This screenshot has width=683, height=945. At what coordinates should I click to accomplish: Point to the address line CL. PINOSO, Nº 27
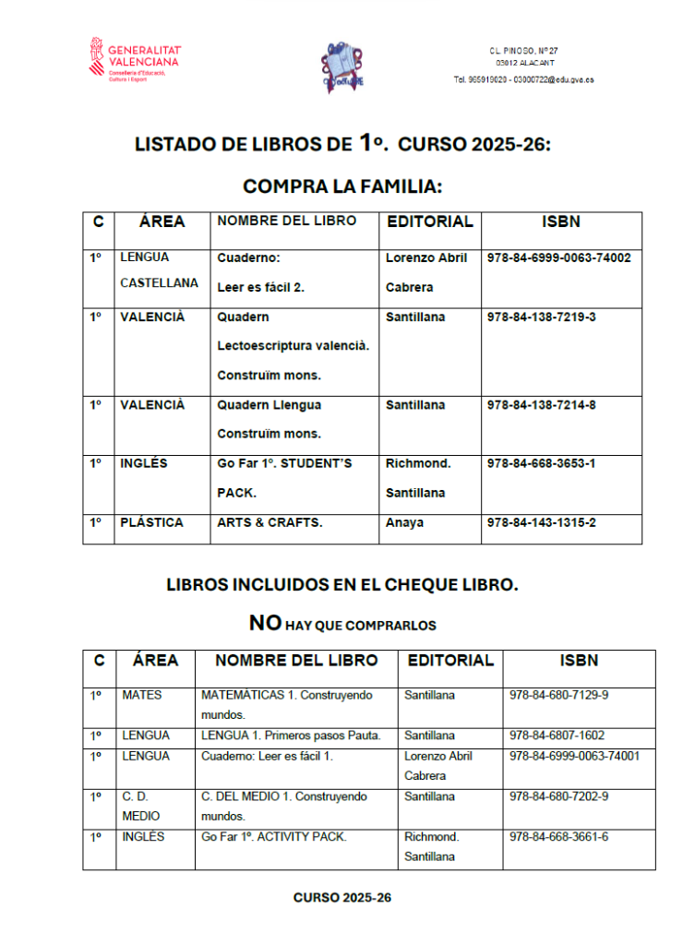(523, 50)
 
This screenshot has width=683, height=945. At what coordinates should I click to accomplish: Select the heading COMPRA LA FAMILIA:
(342, 186)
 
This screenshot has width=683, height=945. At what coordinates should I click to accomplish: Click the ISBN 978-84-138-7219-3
(541, 317)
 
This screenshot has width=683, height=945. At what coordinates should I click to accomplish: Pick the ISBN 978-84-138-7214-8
(541, 405)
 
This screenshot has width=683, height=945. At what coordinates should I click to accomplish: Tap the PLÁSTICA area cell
(151, 522)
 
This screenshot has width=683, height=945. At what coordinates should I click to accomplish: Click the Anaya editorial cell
(404, 523)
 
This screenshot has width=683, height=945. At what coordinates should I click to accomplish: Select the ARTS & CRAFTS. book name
(270, 523)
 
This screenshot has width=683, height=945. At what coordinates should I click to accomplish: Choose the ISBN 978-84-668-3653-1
(541, 463)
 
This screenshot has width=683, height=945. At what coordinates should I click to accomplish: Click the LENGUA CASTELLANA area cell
(159, 270)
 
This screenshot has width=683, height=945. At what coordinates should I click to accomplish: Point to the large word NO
(265, 623)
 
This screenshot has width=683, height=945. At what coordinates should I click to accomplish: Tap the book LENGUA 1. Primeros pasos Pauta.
(291, 736)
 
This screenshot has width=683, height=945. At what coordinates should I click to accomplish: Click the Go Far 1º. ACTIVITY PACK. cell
(274, 837)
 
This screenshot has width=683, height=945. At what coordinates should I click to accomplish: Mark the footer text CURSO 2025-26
(342, 897)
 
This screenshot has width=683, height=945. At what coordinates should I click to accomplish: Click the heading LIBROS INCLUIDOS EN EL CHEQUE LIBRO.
(342, 584)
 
